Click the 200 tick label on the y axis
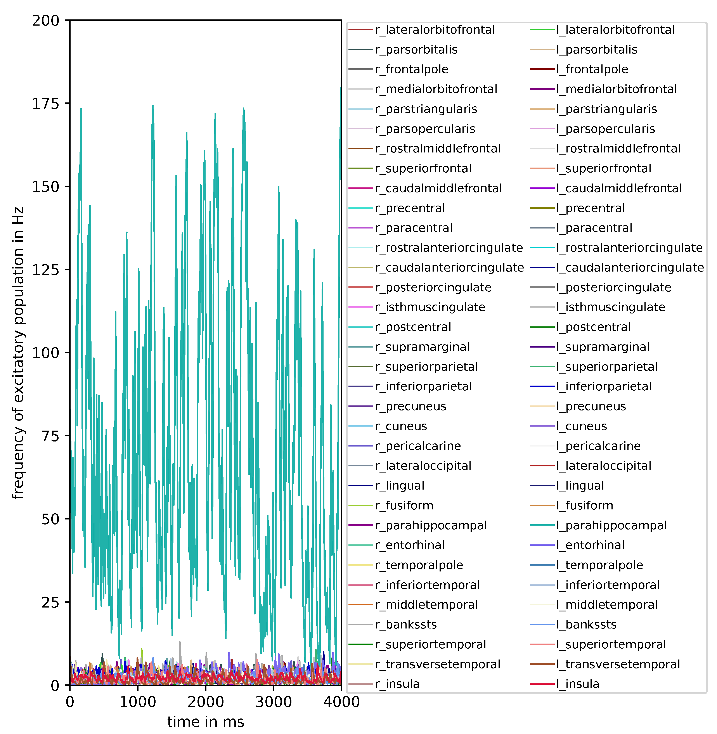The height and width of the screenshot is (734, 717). (x=46, y=20)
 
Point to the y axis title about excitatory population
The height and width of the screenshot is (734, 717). (x=18, y=353)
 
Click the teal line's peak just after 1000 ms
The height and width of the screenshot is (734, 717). (x=152, y=106)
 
